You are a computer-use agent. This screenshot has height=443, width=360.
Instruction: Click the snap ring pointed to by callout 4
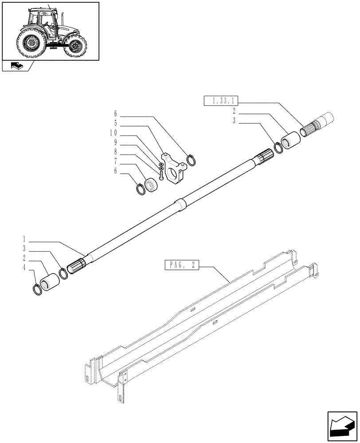38,290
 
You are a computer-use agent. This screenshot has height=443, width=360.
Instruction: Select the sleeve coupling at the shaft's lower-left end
50,283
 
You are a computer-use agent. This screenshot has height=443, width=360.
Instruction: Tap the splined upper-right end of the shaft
263,159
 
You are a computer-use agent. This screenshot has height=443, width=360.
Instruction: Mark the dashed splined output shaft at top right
316,124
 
